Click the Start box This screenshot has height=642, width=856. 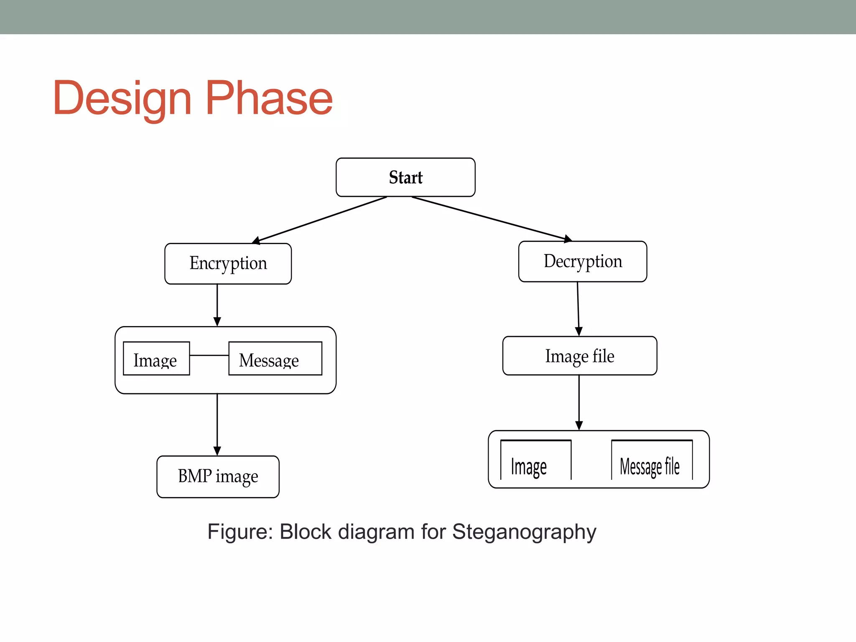[x=405, y=177]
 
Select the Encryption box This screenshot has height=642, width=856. [x=228, y=263]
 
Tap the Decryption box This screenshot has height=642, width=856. [x=583, y=261]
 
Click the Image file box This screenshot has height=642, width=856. [x=580, y=356]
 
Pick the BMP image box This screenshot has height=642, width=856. [x=218, y=476]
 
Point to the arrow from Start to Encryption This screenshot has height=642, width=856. [x=320, y=220]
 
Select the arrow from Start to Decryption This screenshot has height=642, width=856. [x=491, y=219]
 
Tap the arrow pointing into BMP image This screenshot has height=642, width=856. [x=217, y=424]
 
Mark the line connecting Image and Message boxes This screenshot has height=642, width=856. [x=209, y=355]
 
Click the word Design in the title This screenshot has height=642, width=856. [x=122, y=98]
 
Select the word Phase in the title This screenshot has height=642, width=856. [x=269, y=98]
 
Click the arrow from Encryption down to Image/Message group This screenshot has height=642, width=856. [x=217, y=305]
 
